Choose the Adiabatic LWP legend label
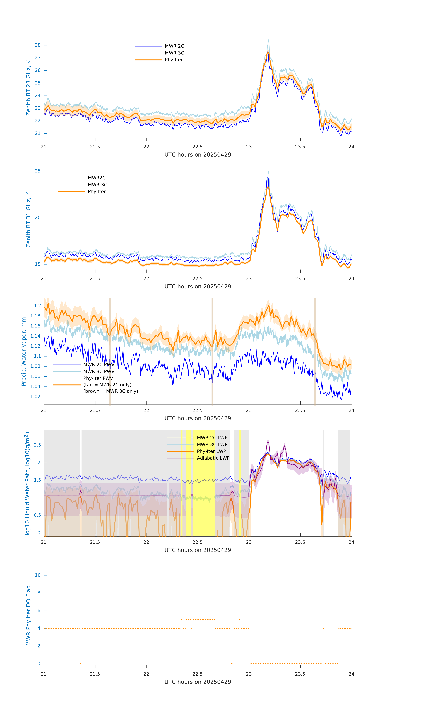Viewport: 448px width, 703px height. point(213,458)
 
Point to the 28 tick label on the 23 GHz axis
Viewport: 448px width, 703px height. point(38,45)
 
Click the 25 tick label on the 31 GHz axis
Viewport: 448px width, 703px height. point(38,171)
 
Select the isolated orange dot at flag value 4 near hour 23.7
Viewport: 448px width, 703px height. point(323,628)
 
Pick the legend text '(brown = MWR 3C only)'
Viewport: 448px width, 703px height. point(111,391)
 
